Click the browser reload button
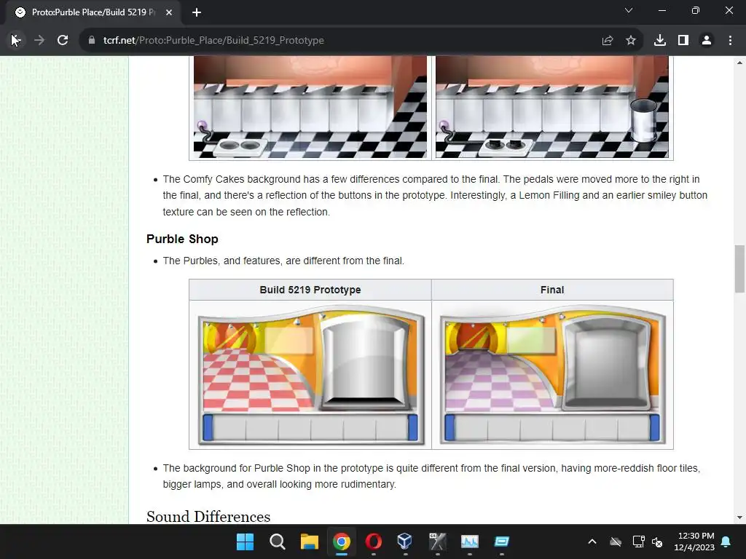[63, 41]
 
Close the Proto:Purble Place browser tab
[169, 12]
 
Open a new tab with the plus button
[197, 12]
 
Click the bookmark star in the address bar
[631, 41]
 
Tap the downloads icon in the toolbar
[659, 41]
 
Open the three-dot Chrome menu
[730, 41]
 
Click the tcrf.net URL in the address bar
[213, 41]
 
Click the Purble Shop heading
[182, 239]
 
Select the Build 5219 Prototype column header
[310, 290]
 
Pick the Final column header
[552, 290]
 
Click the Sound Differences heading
[208, 516]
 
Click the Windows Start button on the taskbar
[245, 542]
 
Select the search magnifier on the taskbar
[278, 542]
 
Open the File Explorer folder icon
[309, 542]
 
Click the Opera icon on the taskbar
[374, 542]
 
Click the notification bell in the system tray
[726, 542]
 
